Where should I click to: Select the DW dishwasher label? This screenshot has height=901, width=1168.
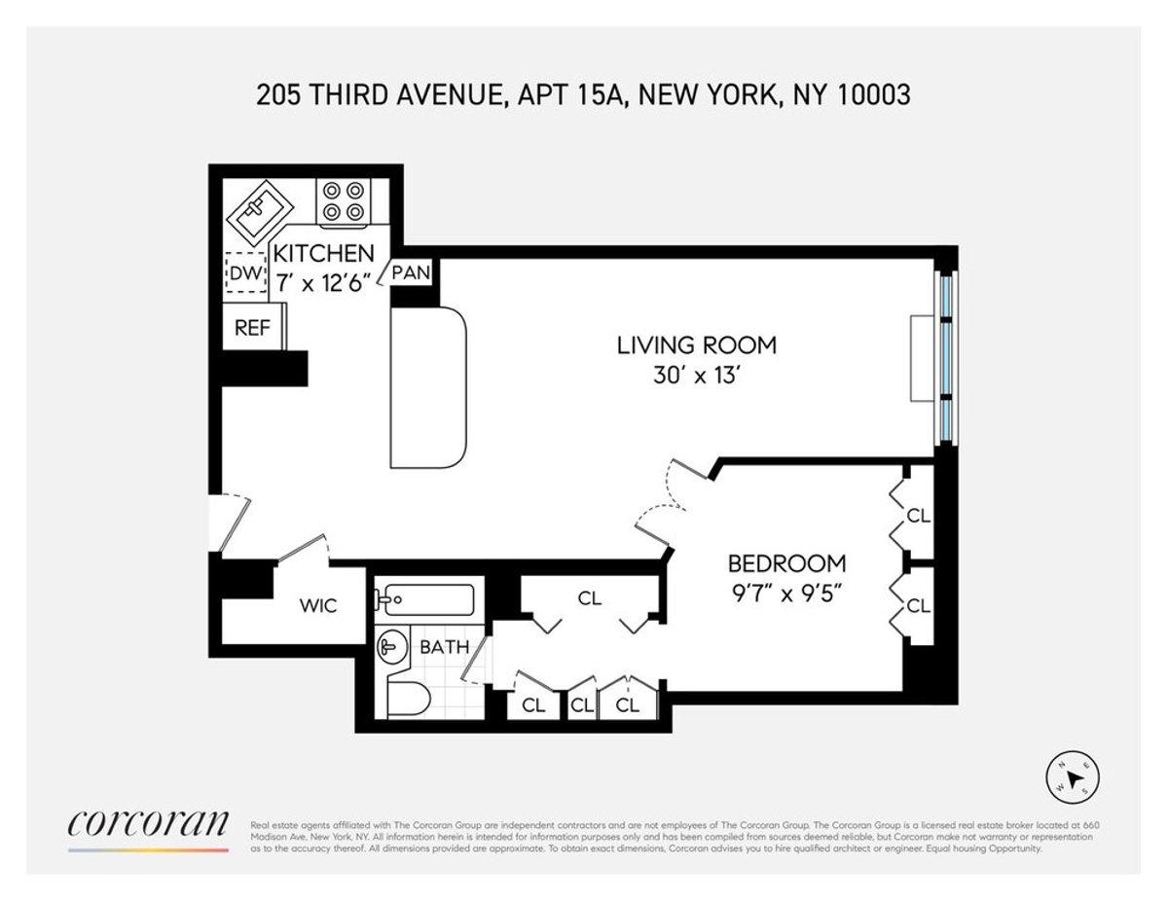245,275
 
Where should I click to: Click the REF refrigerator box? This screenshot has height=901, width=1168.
252,328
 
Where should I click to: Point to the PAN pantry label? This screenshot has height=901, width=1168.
411,272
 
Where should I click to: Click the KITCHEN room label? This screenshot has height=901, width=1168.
323,253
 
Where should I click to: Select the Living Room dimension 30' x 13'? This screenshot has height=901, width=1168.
697,377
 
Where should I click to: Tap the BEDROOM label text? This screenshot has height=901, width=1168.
787,563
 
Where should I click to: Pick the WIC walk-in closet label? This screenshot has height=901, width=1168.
317,606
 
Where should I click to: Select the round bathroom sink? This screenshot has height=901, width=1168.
393,646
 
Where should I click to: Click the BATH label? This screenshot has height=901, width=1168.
444,646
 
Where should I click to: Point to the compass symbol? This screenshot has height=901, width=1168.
1076,777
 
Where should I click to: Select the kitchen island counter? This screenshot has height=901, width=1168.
428,388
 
